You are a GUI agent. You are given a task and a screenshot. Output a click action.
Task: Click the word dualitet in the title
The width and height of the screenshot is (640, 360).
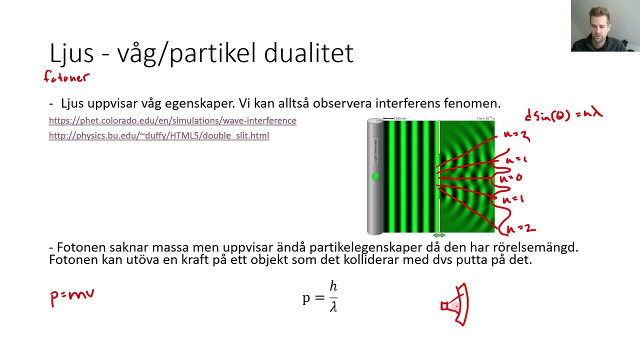pyautogui.click(x=308, y=53)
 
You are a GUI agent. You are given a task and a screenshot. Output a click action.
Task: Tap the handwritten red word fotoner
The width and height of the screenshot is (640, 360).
pyautogui.click(x=66, y=77)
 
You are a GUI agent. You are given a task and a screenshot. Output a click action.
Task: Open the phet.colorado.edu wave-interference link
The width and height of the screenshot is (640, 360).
pyautogui.click(x=172, y=120)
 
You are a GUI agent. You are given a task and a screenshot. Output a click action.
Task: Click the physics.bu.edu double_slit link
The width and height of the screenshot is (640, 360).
pyautogui.click(x=159, y=135)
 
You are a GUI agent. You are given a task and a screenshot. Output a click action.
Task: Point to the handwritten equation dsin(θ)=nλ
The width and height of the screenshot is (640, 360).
pyautogui.click(x=563, y=114)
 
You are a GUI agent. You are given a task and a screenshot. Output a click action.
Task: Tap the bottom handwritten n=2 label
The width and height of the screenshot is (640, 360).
pyautogui.click(x=521, y=228)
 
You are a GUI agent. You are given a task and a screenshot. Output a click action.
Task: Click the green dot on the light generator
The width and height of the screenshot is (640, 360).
pyautogui.click(x=375, y=176)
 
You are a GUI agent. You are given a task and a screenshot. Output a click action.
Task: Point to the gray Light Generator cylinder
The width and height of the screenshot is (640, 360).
pyautogui.click(x=375, y=205)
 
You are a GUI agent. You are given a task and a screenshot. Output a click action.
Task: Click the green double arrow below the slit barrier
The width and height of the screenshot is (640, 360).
pyautogui.click(x=438, y=235)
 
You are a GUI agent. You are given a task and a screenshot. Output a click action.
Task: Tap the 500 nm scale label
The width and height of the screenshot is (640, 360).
pyautogui.click(x=400, y=118)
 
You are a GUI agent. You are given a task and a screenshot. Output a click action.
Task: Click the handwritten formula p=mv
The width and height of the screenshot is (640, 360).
pyautogui.click(x=72, y=296)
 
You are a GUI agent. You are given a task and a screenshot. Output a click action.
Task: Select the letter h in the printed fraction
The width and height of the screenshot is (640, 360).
pyautogui.click(x=333, y=286)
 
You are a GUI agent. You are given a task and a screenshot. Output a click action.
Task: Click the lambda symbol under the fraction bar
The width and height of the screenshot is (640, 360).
pyautogui.click(x=333, y=306)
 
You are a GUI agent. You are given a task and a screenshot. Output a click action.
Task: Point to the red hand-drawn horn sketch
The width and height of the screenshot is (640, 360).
pyautogui.click(x=456, y=304)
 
